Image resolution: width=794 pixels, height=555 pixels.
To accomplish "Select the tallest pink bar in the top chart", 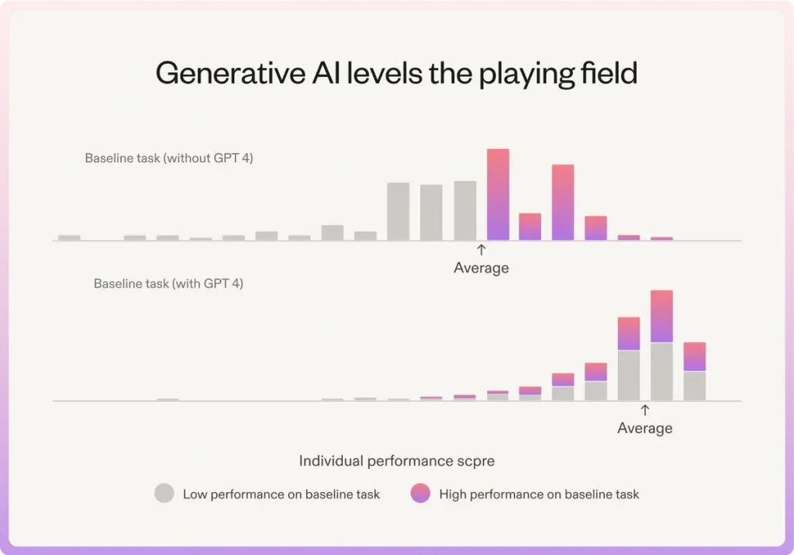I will point(498,194).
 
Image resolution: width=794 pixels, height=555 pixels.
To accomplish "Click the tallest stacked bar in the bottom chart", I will point(661,345).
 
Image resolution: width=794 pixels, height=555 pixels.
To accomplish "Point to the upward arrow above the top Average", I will point(481,250).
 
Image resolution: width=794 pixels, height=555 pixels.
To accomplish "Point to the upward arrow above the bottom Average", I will point(644,410).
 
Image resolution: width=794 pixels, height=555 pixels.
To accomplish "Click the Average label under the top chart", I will point(481,268).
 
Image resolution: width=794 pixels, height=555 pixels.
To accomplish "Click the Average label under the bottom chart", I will point(644,428).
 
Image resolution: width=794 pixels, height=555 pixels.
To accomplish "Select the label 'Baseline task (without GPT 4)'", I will point(169,158).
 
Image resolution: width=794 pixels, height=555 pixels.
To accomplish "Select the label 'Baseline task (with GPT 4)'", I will point(168,284).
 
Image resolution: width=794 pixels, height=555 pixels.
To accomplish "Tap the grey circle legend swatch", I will point(164,494).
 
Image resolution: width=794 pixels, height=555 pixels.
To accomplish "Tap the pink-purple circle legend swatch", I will point(420,494).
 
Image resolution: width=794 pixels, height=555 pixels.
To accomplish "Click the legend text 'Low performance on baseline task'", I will point(281,494).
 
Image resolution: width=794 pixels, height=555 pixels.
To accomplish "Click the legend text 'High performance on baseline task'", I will point(539,494).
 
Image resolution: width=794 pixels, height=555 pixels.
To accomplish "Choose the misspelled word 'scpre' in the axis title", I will point(477,461).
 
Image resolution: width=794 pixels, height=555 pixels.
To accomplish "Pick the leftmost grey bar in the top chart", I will point(69,238).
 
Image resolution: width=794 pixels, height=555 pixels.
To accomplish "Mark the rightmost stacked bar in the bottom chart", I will point(695,371).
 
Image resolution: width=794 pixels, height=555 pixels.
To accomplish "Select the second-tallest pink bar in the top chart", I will point(563,202).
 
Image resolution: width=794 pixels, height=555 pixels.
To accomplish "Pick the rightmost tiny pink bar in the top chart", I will point(661,238).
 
